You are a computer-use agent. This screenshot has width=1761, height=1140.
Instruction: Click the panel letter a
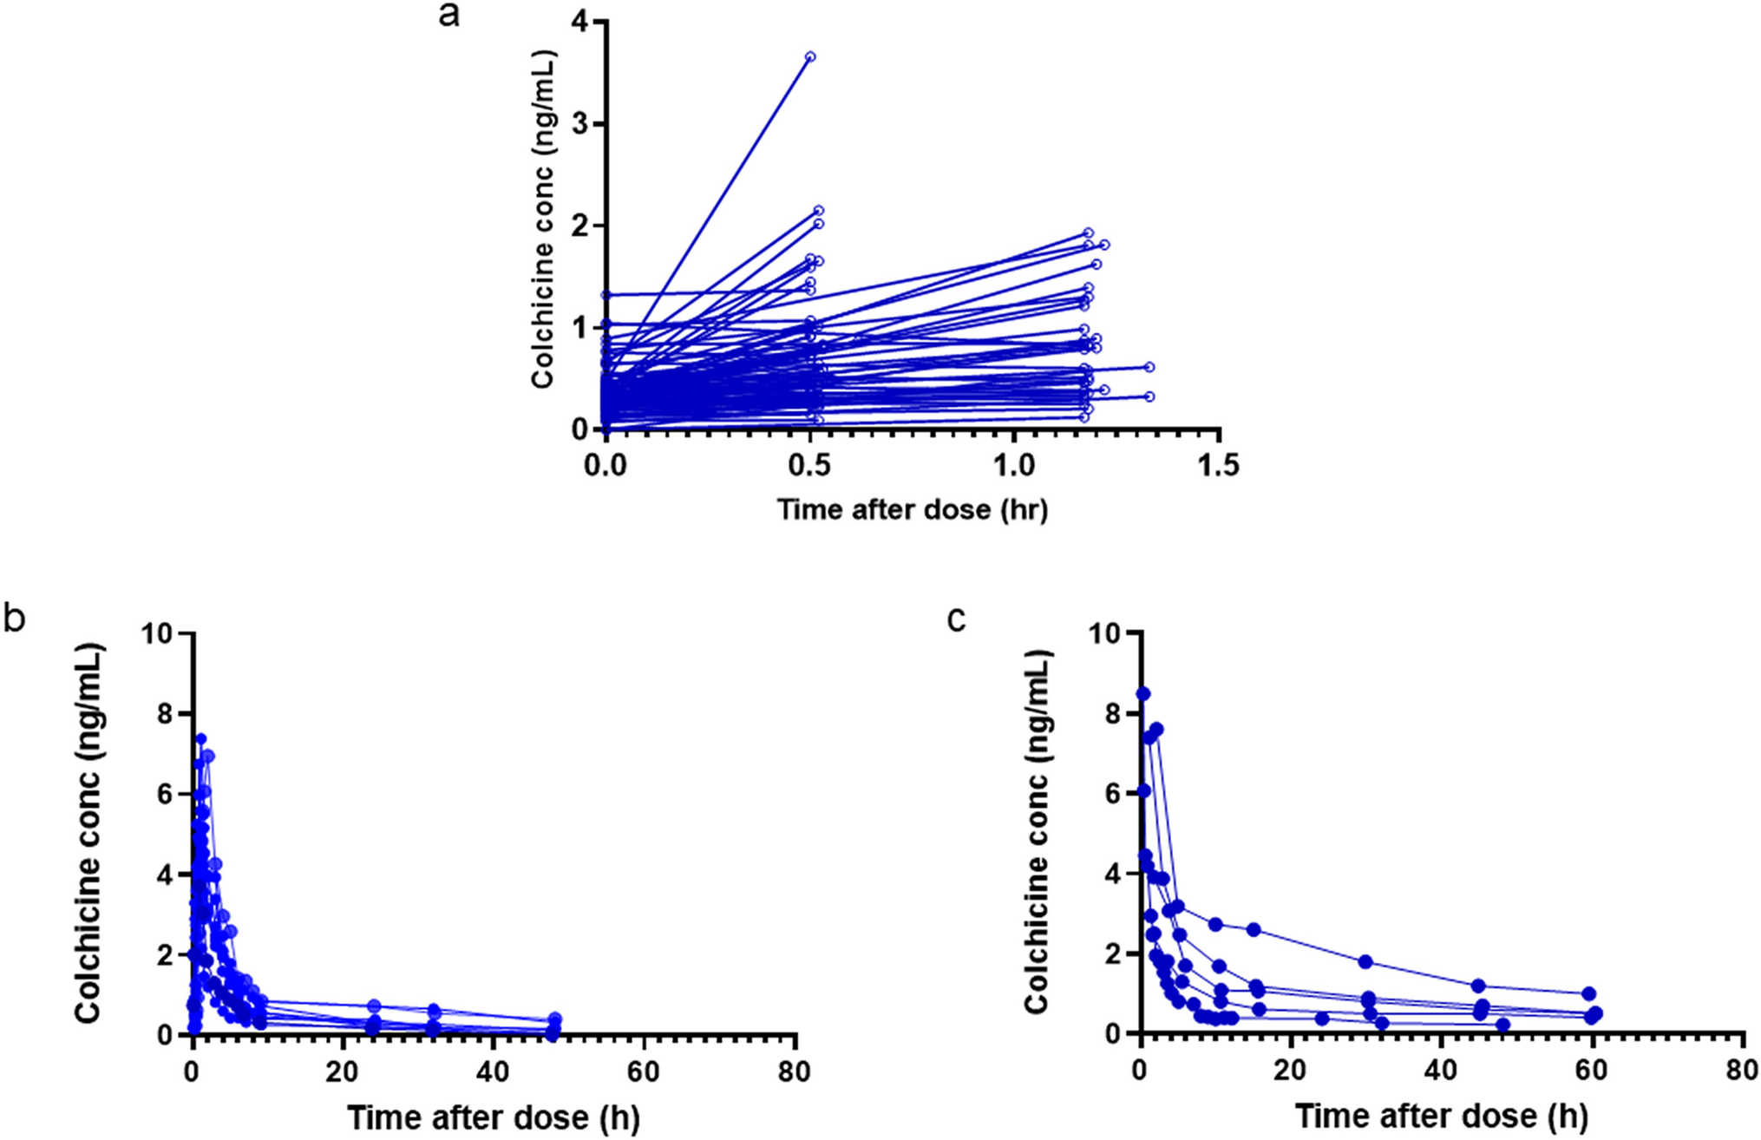pos(448,15)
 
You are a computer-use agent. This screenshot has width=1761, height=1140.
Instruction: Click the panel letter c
pos(957,619)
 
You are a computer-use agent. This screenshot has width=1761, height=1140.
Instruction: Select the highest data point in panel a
pos(810,56)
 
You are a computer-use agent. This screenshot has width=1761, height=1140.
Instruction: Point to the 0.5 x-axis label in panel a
pos(809,466)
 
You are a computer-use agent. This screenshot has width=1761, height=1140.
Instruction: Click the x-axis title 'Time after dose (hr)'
pos(912,508)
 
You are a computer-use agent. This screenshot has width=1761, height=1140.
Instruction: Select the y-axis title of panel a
pos(543,219)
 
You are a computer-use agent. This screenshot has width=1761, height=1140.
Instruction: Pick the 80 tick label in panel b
pos(793,1071)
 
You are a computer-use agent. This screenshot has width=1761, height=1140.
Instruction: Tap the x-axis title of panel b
pos(494,1117)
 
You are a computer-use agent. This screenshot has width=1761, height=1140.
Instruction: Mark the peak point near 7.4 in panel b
pos(200,738)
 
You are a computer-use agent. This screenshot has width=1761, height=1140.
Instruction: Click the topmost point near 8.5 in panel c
pos(1143,693)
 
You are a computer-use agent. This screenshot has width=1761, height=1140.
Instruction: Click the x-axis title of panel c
pos(1442,1116)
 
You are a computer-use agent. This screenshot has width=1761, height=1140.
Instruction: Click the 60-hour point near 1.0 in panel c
pos(1588,993)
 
